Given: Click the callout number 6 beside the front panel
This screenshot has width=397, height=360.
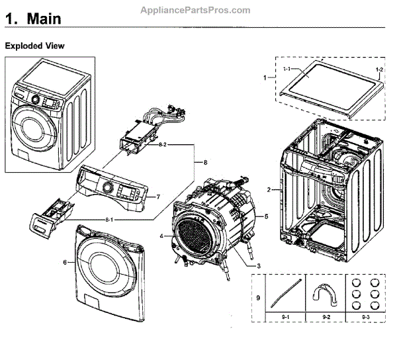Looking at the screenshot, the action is [x=65, y=263].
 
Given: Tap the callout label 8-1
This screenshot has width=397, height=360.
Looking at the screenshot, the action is [x=109, y=220].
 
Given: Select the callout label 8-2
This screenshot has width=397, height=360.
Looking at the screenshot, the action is [x=163, y=145].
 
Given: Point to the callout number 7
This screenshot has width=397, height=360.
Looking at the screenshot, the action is [x=158, y=197].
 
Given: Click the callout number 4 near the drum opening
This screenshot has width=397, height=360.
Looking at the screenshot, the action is [x=162, y=236].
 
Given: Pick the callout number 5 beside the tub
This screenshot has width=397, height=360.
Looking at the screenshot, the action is [x=267, y=216].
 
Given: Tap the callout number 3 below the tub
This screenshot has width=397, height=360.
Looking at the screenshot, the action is [x=259, y=266].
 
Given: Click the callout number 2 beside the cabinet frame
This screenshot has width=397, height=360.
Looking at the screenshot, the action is [x=269, y=189].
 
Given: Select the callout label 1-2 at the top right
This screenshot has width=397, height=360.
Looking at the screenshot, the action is [x=379, y=69].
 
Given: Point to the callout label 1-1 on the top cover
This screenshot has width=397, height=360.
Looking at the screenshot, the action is [x=287, y=69].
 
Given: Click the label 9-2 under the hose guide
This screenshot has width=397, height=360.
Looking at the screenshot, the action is [x=326, y=317].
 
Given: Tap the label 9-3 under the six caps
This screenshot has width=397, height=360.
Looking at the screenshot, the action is [x=366, y=317].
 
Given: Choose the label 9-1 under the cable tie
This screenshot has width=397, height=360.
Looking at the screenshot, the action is [x=286, y=317].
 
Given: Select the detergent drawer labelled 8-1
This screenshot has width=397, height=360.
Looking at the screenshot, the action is [x=52, y=218].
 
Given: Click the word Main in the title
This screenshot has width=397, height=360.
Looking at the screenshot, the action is [x=44, y=19].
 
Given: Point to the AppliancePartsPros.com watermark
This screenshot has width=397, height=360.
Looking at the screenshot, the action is [x=195, y=10].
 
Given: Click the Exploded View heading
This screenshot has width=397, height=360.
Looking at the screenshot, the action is [x=34, y=46].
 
